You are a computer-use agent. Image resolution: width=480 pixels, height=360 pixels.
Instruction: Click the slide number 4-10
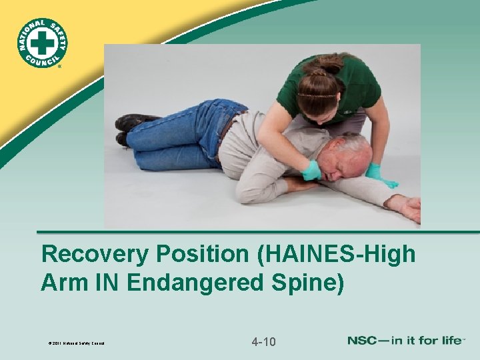coord(264,342)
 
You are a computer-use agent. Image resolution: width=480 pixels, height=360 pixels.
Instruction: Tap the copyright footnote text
coord(73,344)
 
